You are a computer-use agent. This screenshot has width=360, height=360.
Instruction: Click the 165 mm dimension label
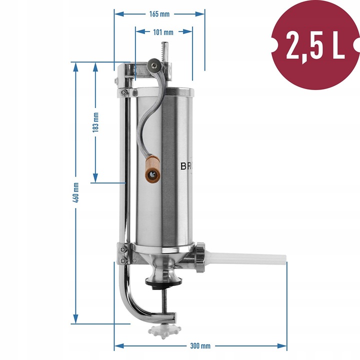click(x=159, y=14)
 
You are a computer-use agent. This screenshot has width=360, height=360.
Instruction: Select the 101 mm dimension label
click(x=163, y=32)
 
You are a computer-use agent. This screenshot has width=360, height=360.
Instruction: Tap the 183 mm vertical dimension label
click(x=95, y=122)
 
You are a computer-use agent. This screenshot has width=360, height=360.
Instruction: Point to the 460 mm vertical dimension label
click(x=76, y=192)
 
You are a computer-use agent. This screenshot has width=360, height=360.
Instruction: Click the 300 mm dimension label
click(x=200, y=346)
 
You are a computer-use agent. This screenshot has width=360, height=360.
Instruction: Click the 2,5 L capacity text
click(x=315, y=44)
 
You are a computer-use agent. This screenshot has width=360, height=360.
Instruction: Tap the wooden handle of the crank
click(x=152, y=169)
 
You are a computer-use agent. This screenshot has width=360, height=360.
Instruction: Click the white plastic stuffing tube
click(x=245, y=259)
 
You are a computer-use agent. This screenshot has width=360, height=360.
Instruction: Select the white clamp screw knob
click(x=164, y=330)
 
